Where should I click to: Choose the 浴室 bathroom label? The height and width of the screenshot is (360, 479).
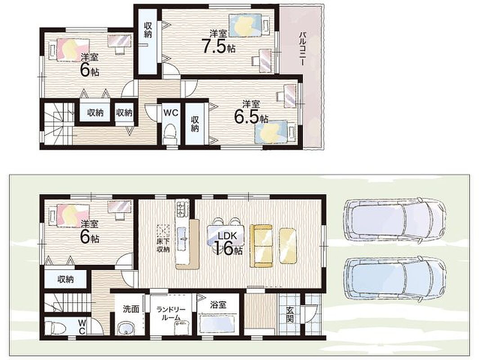[x=218, y=304]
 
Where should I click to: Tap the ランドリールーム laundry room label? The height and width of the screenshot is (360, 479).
[x=169, y=314]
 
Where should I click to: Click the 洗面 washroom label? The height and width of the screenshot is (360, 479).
[x=131, y=309]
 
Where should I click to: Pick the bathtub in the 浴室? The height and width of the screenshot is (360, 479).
[x=217, y=324]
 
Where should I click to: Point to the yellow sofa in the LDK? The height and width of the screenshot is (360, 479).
[x=261, y=246]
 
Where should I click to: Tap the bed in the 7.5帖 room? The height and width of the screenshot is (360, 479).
[x=250, y=26]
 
